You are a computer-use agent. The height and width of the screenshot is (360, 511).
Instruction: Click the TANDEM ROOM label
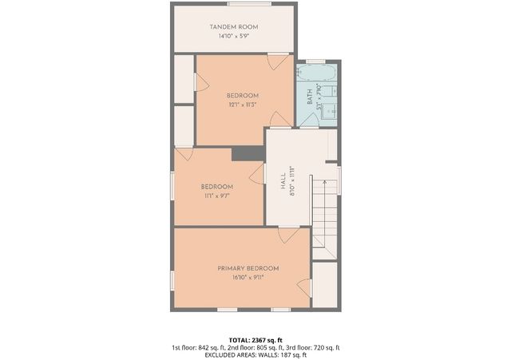[x=233, y=27]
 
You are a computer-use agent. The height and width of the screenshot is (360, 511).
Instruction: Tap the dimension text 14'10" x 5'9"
[x=233, y=36]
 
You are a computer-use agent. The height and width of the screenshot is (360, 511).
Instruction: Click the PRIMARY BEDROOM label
[x=248, y=268]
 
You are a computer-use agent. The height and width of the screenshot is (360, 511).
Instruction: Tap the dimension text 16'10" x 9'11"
[x=248, y=278]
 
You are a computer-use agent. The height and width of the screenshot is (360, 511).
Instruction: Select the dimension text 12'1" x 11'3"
[x=243, y=105]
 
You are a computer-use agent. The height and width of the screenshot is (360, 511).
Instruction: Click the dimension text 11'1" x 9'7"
[x=217, y=196]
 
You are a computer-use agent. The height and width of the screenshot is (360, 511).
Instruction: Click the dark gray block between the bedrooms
[x=248, y=153]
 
